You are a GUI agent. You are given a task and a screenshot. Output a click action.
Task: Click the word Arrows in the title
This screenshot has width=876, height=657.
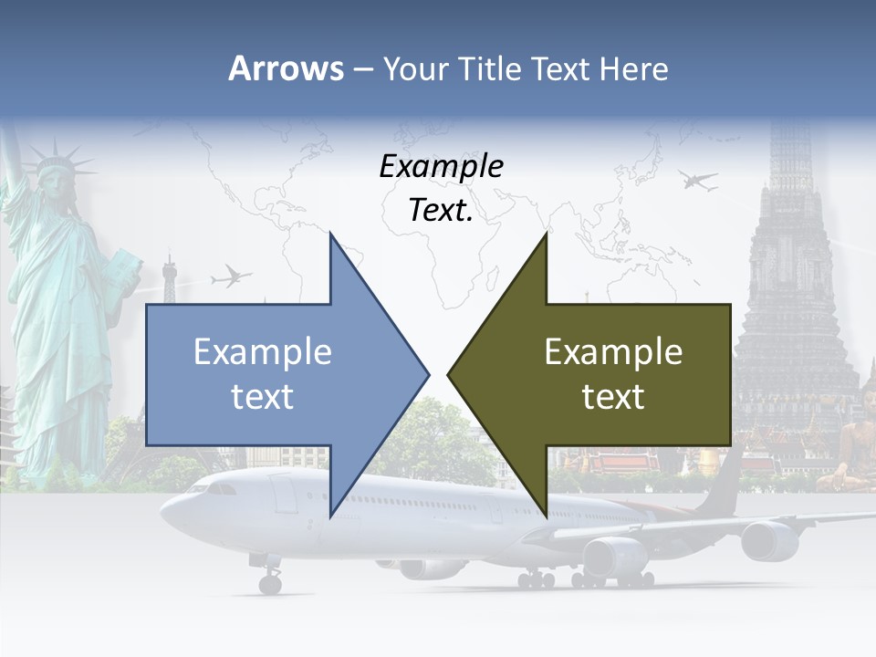[x=286, y=68]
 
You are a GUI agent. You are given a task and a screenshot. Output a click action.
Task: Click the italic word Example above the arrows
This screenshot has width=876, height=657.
[x=441, y=166]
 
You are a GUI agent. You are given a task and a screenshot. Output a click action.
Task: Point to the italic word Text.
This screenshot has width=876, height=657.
[x=441, y=211]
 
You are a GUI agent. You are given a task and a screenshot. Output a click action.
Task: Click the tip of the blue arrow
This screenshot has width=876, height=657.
[x=427, y=373]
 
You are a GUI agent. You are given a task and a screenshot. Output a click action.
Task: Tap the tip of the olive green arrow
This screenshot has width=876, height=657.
[x=449, y=373]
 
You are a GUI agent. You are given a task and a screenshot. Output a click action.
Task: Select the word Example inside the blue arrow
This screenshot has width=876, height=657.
[x=263, y=351]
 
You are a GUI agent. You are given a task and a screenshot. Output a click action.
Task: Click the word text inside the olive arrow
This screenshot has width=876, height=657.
[x=613, y=396]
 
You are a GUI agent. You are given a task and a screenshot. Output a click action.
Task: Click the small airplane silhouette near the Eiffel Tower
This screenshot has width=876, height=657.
[x=231, y=275]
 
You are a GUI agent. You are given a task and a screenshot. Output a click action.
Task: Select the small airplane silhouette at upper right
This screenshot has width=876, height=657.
[x=698, y=180]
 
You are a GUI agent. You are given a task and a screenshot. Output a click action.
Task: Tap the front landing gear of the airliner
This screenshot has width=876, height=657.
[x=270, y=580]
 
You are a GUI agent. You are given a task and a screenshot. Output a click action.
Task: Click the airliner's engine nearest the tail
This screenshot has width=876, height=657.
[x=769, y=539]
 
